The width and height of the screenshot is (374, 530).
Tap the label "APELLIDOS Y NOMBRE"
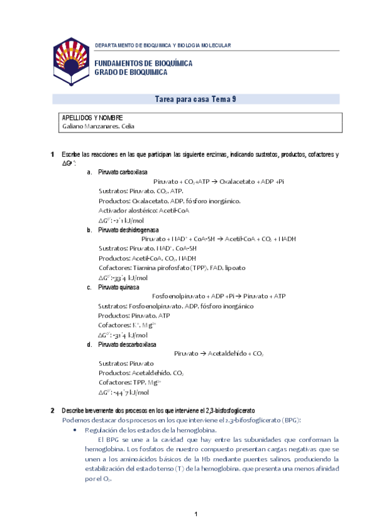coord(92,117)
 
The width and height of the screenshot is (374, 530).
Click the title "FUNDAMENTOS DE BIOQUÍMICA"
coord(143,64)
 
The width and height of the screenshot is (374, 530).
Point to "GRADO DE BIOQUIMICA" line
coord(131,72)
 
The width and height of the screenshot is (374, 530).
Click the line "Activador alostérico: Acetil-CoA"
coord(144,211)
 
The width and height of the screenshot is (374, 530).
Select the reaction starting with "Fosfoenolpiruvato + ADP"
coord(219,296)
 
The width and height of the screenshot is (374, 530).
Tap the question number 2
coord(52,411)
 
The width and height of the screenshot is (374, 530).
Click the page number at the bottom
coord(195,514)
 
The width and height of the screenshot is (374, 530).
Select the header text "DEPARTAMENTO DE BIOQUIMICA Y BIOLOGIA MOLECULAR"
coord(162,46)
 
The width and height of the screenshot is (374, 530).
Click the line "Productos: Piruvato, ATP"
coord(134,316)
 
